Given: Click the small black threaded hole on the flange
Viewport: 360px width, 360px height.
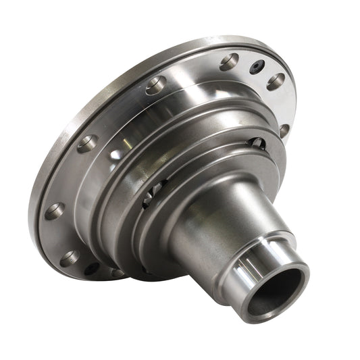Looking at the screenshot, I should pos(257,68).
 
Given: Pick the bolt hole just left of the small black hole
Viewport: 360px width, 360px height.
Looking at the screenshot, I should pos(230,62).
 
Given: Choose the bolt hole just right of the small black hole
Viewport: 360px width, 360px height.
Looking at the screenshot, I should pos(276,81).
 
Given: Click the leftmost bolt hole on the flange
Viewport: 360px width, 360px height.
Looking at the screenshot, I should pos(55,211).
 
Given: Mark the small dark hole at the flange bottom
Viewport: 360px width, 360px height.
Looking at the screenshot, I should pos(92,268).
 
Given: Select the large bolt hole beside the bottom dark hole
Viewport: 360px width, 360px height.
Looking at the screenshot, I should pos(70,258).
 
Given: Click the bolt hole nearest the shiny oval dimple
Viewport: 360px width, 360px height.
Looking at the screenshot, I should pos(88,143).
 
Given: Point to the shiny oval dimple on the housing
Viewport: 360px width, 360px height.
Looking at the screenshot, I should pos(116,154).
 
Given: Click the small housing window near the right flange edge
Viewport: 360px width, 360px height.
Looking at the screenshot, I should pos(257,143).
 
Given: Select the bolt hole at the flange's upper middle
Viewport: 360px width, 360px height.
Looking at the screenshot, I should pos(156,85).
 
